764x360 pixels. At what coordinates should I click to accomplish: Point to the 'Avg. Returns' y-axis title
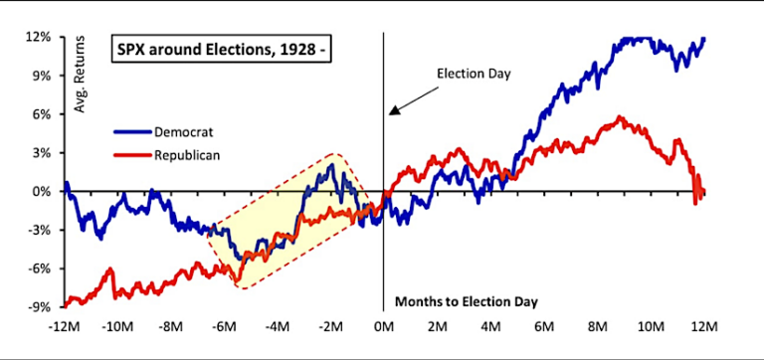80,79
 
